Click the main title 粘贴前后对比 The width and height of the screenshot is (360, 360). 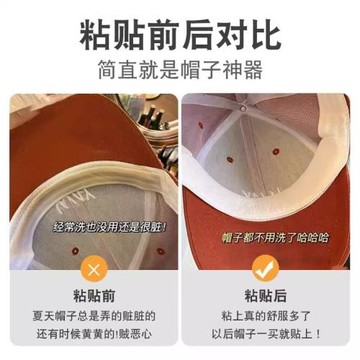coord(180,32)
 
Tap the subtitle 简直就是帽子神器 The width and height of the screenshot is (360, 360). coord(180,72)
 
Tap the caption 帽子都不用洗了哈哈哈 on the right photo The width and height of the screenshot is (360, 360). coord(270,239)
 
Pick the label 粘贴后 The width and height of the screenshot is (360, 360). coord(265,296)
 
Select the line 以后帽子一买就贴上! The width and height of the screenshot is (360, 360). coord(265,335)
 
